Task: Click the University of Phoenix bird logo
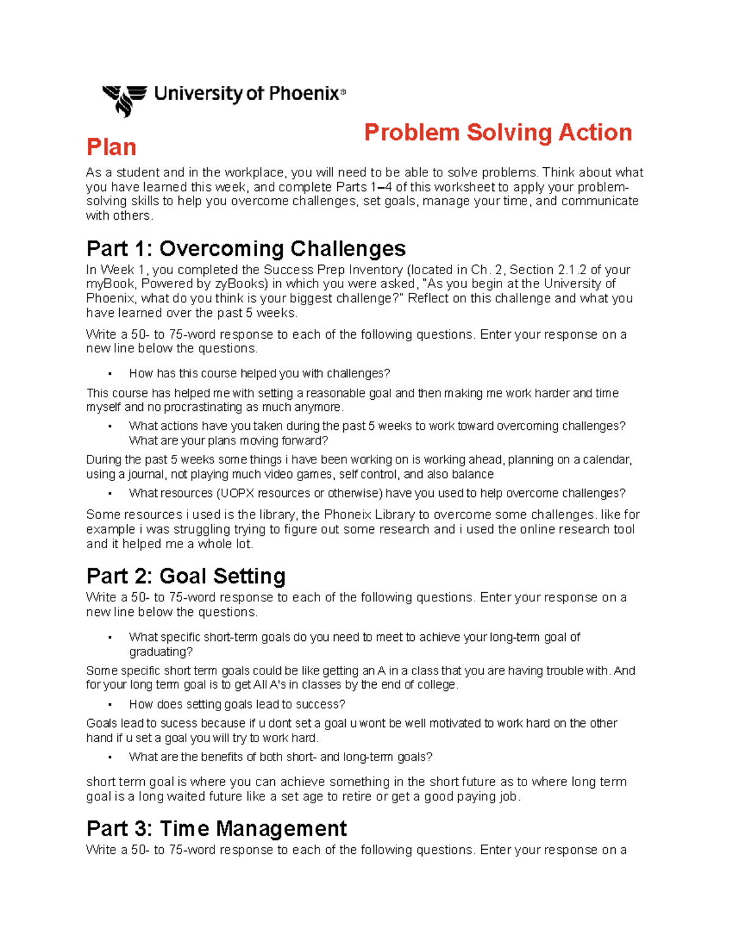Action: (125, 100)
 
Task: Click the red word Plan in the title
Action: (111, 147)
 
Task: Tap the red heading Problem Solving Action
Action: (498, 132)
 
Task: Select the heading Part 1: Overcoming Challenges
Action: (246, 248)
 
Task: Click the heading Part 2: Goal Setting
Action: (186, 576)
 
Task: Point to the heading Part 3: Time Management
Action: (217, 828)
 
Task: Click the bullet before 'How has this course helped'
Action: (110, 374)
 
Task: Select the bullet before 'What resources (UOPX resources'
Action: (110, 494)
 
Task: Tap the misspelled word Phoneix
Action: (348, 515)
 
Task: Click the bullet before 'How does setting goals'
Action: (110, 705)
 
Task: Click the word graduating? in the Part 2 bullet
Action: (161, 652)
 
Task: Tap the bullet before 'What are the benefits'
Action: (110, 758)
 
